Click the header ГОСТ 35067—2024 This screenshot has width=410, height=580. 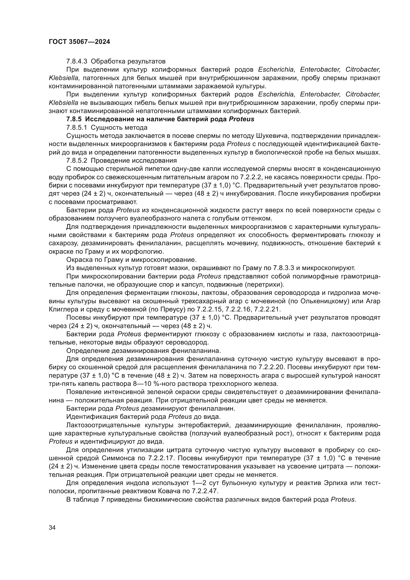tap(79, 42)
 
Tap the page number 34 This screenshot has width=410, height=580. tap(52, 527)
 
